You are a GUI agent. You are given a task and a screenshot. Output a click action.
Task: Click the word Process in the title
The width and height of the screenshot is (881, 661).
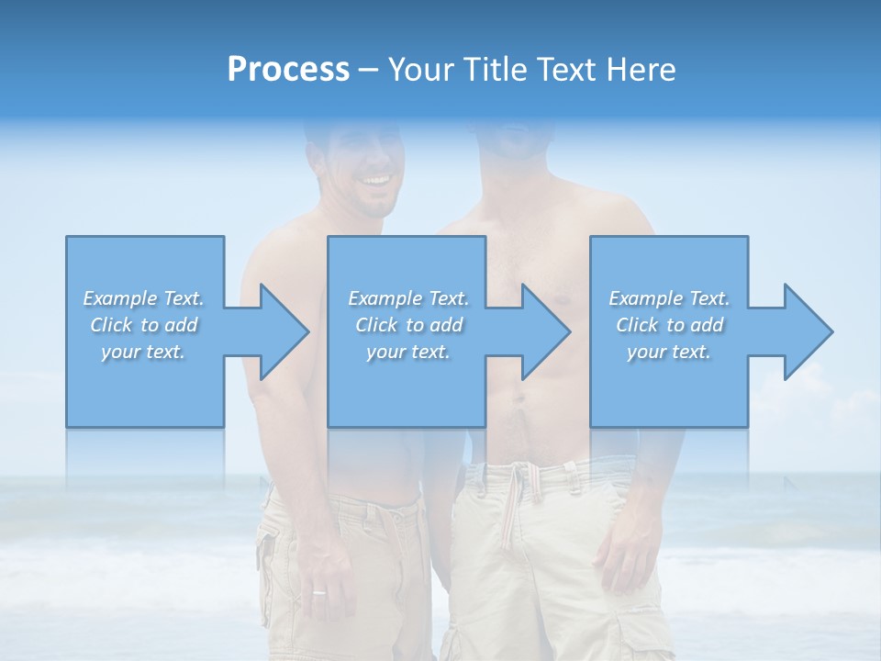coord(288,69)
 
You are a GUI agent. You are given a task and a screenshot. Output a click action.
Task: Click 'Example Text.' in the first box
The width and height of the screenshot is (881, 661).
coord(143,298)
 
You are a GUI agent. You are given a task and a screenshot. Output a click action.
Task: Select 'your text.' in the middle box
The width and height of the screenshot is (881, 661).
coord(407,352)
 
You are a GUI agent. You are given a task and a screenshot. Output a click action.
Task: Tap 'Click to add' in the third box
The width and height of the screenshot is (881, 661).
coord(669,325)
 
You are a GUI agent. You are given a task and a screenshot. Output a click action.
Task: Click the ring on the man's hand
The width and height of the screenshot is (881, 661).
coord(318,592)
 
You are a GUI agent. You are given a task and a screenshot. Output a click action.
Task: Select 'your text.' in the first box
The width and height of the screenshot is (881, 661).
coord(143,352)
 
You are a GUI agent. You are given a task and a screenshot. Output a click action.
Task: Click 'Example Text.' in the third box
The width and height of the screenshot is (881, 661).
coord(669,298)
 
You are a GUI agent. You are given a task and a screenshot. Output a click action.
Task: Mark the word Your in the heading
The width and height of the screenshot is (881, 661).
coord(420,69)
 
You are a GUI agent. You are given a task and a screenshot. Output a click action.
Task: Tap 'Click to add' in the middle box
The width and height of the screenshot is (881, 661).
coord(407,325)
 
